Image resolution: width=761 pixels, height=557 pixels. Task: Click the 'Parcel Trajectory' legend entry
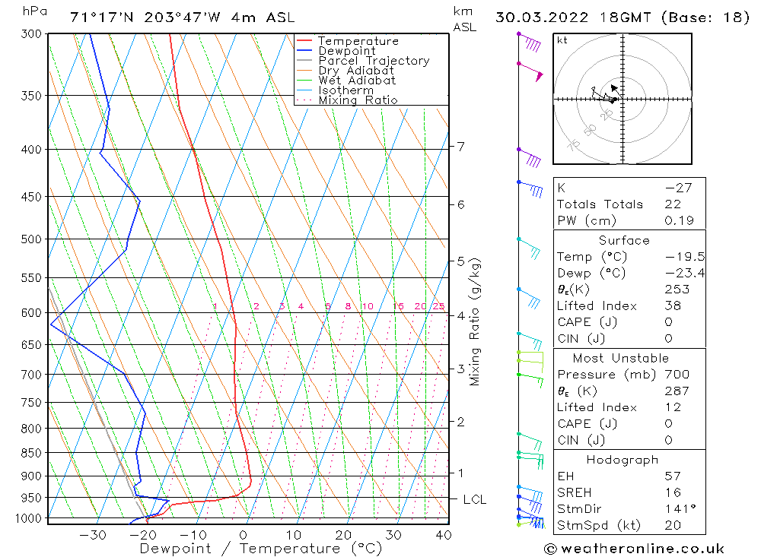[x=374, y=61]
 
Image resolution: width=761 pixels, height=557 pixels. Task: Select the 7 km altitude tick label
[x=461, y=146]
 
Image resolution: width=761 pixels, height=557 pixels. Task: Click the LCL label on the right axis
[x=474, y=500]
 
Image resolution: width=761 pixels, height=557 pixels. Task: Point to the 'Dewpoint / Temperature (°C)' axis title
[x=261, y=549]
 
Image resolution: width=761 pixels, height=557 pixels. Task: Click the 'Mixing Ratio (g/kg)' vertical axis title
[x=476, y=321]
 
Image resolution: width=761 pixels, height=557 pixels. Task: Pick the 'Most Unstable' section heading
[x=621, y=358]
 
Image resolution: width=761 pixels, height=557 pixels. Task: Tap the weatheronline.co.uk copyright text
[x=634, y=549]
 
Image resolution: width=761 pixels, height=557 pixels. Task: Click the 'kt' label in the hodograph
[x=562, y=40]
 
